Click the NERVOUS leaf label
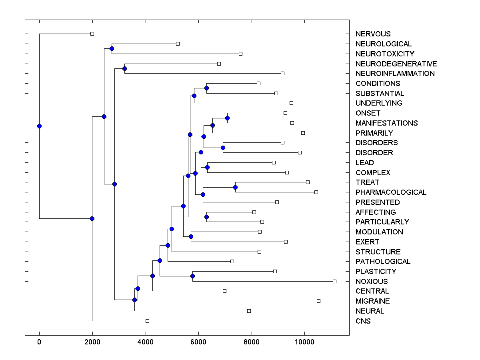pos(373,34)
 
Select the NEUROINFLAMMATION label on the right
pos(395,74)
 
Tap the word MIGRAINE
pos(372,301)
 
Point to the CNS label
pos(363,321)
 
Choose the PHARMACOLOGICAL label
pos(391,192)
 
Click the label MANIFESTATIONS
pos(386,123)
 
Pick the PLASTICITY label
pos(376,272)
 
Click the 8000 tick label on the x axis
pos(252,342)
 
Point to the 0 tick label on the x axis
pos(39,342)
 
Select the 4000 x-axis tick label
pos(146,342)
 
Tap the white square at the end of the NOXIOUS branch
pos(335,281)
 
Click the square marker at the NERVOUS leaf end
pos(92,34)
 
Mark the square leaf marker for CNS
pos(147,321)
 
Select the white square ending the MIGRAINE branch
pos(318,301)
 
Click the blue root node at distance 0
pos(39,126)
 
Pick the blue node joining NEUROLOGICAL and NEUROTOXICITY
pos(112,48)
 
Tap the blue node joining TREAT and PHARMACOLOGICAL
pos(235,187)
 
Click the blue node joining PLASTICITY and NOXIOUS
pos(192,276)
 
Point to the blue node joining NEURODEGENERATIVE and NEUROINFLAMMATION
pos(124,68)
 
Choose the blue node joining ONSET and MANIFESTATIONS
pos(227,118)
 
